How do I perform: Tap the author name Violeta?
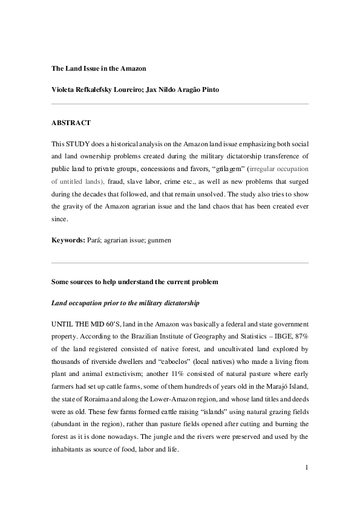tap(65, 90)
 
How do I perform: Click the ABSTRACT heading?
tap(71, 123)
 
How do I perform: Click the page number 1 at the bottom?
tap(307, 467)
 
